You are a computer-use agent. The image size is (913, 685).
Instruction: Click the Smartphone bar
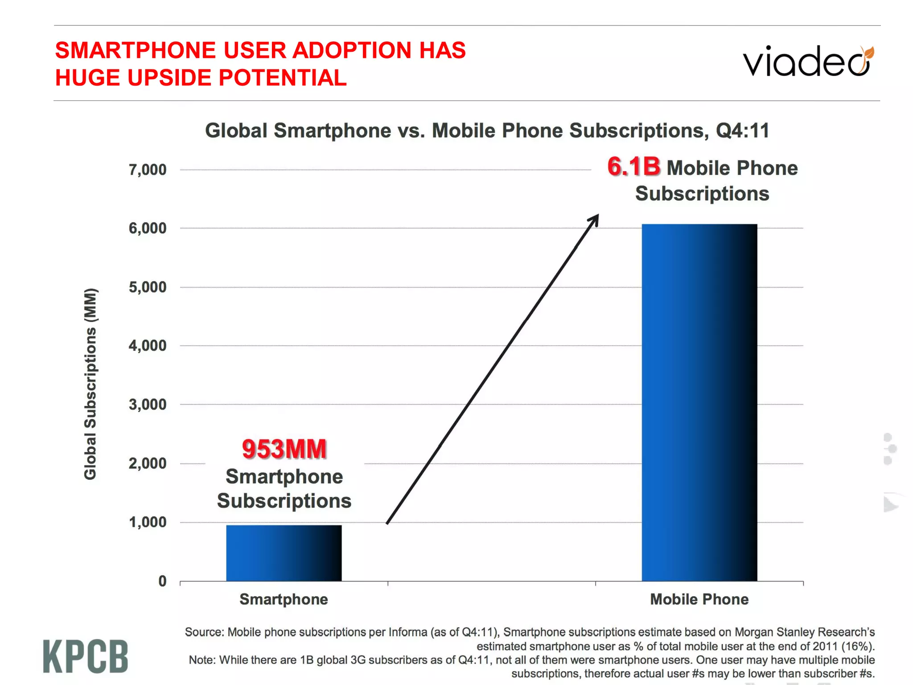[x=284, y=553]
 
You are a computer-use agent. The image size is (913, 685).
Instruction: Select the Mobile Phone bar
[x=699, y=401]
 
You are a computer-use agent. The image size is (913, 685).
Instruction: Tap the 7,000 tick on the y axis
[x=148, y=170]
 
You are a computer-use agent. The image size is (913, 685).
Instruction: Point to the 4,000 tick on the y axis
[x=148, y=346]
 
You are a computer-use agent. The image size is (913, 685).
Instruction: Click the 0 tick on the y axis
[x=162, y=581]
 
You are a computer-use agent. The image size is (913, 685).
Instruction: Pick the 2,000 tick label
[x=148, y=463]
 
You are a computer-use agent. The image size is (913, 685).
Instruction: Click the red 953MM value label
[x=284, y=449]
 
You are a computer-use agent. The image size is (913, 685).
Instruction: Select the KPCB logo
[x=86, y=656]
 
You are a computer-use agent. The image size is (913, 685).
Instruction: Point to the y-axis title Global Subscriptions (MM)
[x=90, y=384]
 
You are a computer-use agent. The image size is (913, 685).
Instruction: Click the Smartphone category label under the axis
[x=284, y=599]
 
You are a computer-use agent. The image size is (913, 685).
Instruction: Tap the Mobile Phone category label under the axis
[x=699, y=599]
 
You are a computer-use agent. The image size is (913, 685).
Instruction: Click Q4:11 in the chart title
[x=742, y=131]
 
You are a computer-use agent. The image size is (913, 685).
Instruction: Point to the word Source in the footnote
[x=204, y=632]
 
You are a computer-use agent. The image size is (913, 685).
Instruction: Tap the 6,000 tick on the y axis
[x=148, y=228]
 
